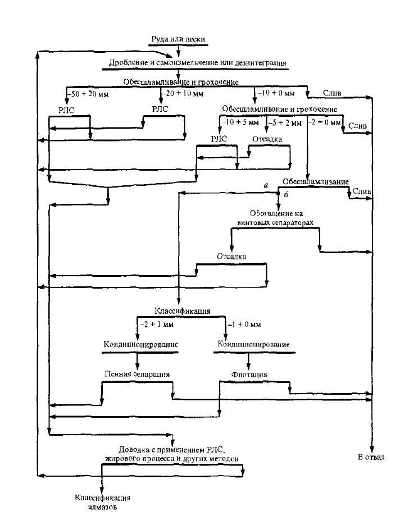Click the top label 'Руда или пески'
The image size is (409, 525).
(178, 39)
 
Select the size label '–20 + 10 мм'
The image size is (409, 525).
(183, 93)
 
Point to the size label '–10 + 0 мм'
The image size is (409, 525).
(276, 93)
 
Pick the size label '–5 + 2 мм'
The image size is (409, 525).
(285, 123)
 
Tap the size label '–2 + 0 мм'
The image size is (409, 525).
(325, 122)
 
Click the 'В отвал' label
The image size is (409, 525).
(371, 457)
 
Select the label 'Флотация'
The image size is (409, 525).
(249, 374)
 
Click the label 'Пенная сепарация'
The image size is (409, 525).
(137, 373)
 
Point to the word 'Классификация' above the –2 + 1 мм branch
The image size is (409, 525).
(183, 311)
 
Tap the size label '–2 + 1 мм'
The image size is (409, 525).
(157, 324)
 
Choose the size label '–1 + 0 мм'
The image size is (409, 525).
(244, 324)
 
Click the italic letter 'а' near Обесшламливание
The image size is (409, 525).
(266, 185)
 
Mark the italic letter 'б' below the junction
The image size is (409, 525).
(287, 194)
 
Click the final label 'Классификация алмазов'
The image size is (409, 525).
(102, 502)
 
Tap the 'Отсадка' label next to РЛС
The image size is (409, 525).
(267, 139)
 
